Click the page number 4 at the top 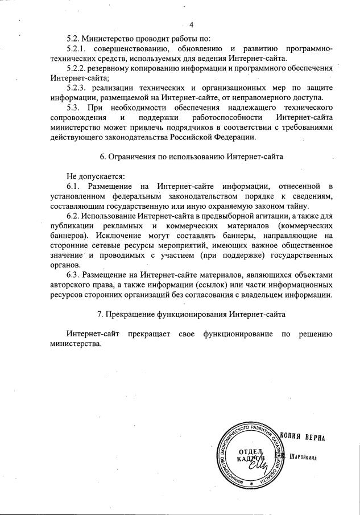(191, 24)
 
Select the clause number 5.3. (74, 108)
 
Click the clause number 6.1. (74, 186)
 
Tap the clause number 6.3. (74, 274)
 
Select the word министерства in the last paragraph (76, 343)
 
